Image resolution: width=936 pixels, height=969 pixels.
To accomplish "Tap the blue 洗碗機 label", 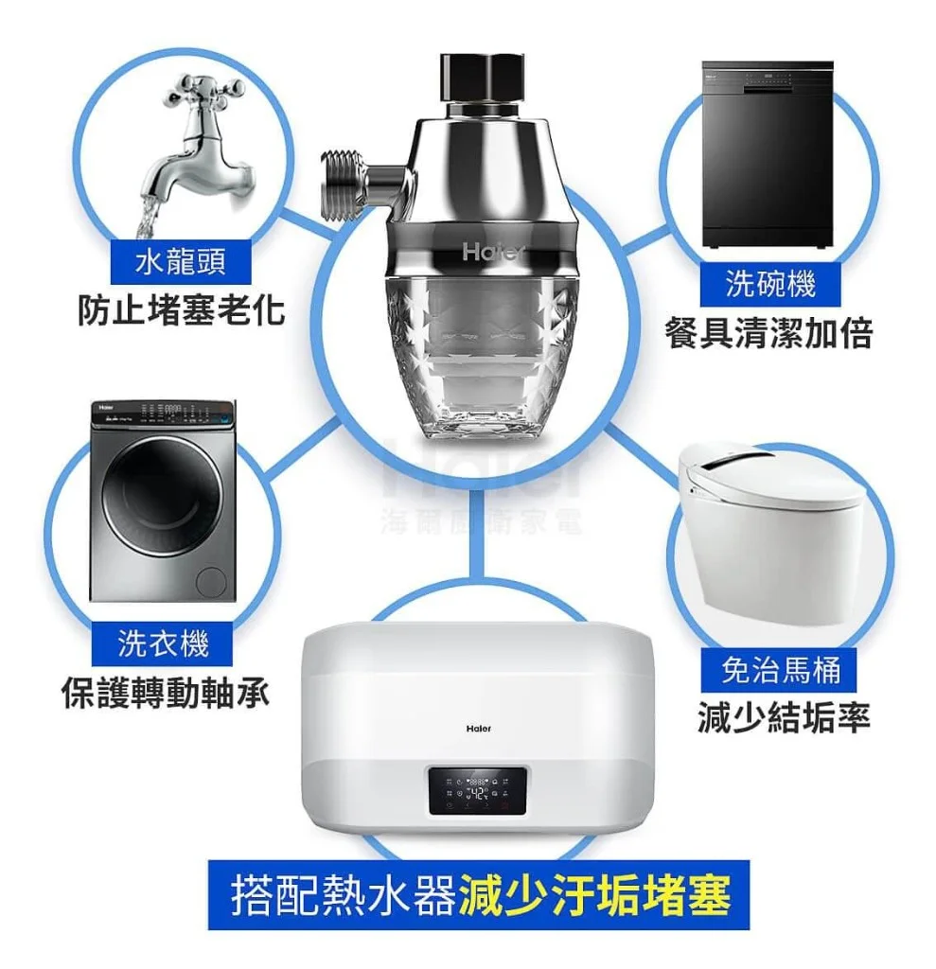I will click(769, 282).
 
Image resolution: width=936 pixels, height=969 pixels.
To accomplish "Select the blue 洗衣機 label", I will click(163, 643).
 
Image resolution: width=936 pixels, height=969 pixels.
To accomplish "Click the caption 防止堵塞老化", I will click(182, 309).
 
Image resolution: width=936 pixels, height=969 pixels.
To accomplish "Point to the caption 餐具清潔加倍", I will click(768, 332).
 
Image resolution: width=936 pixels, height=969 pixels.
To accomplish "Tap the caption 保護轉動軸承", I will click(166, 694).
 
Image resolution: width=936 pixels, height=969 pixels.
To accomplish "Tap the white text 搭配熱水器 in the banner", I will click(344, 894).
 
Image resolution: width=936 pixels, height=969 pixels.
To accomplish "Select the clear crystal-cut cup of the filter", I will click(483, 360).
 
